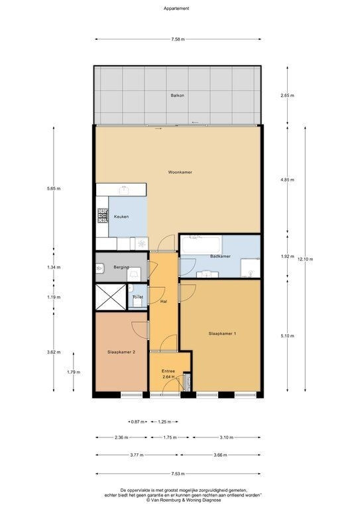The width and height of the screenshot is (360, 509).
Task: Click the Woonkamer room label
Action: tap(180, 172)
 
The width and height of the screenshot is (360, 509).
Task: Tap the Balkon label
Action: tap(177, 95)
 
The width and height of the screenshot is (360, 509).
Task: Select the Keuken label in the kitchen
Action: tap(121, 217)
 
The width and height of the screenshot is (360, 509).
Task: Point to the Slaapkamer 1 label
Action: tap(222, 333)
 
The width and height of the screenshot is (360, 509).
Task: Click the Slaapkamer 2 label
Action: tap(121, 352)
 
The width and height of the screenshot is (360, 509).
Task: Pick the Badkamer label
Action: tap(220, 256)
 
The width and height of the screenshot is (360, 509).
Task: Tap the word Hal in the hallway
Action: tap(164, 302)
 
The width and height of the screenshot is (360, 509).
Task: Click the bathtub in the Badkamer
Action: tap(202, 245)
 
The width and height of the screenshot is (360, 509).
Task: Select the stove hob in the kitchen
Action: tap(103, 215)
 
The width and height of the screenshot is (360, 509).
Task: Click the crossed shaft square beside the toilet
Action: tap(111, 297)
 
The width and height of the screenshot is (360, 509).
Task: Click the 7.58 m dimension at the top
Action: tap(178, 39)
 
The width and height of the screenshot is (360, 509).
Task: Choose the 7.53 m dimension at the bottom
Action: tap(178, 474)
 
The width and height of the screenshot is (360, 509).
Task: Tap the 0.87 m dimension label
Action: tap(137, 422)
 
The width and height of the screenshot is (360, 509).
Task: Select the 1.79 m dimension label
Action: tap(74, 372)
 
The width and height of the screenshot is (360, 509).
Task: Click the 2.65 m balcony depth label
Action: tap(287, 95)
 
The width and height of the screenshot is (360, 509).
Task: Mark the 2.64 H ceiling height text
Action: tap(168, 377)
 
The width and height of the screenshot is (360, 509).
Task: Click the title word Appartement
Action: tap(176, 9)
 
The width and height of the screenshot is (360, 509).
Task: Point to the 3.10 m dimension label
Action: tap(227, 437)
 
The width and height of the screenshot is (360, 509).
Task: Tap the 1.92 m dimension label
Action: tap(287, 256)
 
